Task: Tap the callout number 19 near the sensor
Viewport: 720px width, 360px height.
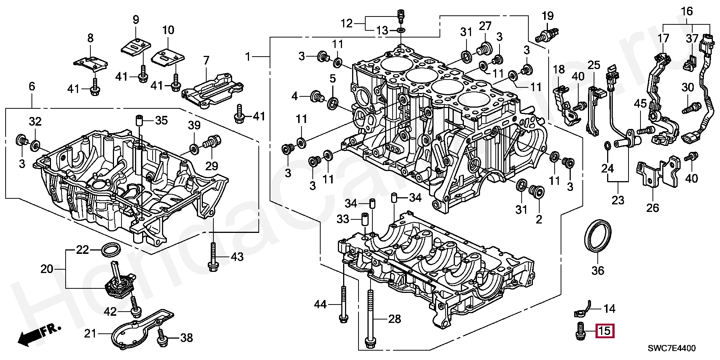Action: click(x=547, y=16)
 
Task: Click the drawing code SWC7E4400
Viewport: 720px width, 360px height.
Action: click(x=672, y=348)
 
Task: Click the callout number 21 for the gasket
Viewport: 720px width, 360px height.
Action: click(x=90, y=333)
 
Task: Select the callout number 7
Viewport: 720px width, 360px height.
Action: click(x=206, y=61)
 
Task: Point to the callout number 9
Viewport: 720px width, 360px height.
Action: click(x=136, y=19)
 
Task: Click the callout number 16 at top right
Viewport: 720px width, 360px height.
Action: click(x=687, y=12)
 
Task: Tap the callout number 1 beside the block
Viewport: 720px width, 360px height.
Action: click(x=247, y=57)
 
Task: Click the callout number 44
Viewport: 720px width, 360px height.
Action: click(x=320, y=304)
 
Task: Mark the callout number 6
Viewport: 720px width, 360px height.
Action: click(x=32, y=87)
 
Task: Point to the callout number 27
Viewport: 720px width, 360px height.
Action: click(x=484, y=26)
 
